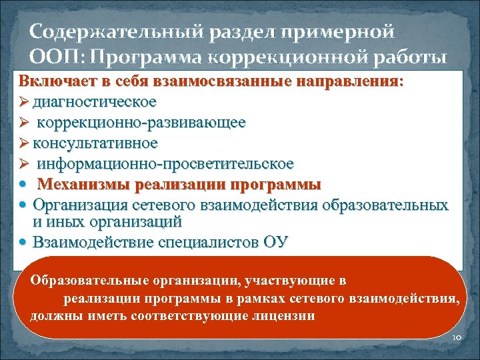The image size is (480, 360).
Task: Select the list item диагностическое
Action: tap(98, 102)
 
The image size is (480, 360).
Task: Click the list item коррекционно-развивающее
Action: tap(141, 123)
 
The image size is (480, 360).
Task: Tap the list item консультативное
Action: tap(99, 143)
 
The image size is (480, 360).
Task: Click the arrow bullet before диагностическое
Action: tap(25, 102)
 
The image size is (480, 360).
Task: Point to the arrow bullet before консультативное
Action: tap(25, 143)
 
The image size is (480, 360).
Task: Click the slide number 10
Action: tap(457, 338)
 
